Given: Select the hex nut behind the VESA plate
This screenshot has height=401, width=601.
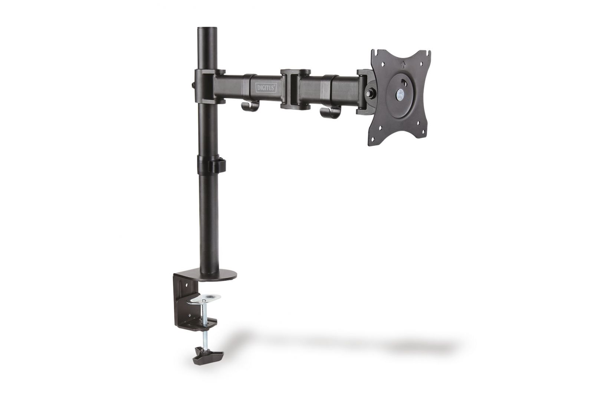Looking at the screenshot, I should pos(370,91).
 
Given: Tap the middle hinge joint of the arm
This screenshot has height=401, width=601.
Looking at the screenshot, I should pos(295,89).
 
